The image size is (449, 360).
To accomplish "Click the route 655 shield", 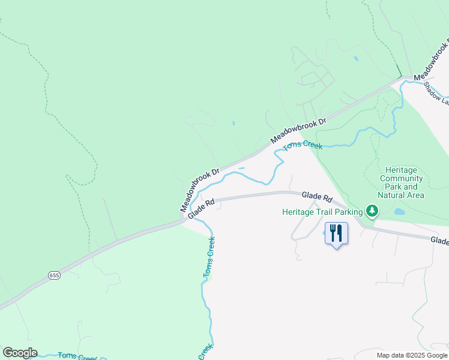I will (54, 275).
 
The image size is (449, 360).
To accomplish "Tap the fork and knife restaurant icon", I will (336, 232).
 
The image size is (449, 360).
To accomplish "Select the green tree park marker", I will (373, 211).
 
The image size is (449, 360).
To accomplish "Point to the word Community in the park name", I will (402, 178).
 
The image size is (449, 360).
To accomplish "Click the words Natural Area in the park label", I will (401, 195).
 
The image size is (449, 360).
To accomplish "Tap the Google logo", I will (20, 353).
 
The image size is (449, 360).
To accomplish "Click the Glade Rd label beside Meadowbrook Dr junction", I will (201, 209).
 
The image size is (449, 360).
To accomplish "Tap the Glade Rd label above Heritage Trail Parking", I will (317, 196).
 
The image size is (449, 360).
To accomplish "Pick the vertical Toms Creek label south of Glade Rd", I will (209, 257).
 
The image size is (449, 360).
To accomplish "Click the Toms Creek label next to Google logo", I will (77, 356).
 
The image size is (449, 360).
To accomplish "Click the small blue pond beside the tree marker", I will (400, 212).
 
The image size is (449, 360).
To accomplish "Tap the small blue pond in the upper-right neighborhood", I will (356, 59).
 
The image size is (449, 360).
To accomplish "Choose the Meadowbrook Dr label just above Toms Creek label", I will (298, 130).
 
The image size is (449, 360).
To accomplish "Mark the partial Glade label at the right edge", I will (439, 241).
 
